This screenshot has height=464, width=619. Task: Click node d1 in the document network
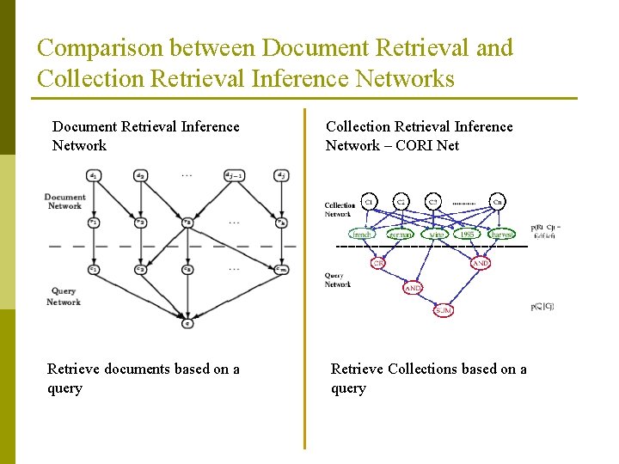click(x=92, y=175)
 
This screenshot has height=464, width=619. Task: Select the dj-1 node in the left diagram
click(x=233, y=175)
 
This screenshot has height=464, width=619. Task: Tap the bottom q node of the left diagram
click(x=187, y=323)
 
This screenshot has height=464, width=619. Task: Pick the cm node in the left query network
click(x=280, y=269)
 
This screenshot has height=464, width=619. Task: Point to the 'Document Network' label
click(x=64, y=201)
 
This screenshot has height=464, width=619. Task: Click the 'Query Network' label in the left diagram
click(x=63, y=296)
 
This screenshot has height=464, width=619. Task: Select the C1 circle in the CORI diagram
click(x=368, y=202)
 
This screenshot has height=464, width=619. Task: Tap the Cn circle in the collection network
click(x=498, y=202)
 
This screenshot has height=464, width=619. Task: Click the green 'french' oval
click(x=364, y=233)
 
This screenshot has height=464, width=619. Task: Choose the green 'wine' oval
click(x=438, y=233)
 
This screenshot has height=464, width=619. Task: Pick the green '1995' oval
click(x=467, y=233)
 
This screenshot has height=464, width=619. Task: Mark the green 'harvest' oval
click(x=501, y=233)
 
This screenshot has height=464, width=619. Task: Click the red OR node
click(x=377, y=263)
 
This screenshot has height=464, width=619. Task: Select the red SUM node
click(x=443, y=310)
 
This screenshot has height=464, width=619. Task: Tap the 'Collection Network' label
click(x=339, y=209)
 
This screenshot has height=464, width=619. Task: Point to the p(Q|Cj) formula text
click(x=542, y=306)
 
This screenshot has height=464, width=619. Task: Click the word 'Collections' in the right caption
click(x=425, y=369)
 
